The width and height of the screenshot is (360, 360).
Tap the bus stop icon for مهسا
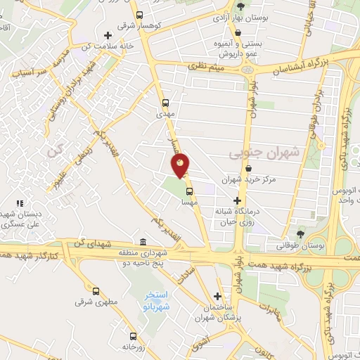coord(188,191)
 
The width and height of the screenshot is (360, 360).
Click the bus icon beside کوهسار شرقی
coord(140,14)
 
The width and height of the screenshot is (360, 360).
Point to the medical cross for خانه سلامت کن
coord(108,35)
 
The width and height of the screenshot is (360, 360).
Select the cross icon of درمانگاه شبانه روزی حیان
coord(237,201)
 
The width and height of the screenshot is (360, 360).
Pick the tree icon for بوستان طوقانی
coord(301,233)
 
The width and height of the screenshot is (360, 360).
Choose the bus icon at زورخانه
coord(131,335)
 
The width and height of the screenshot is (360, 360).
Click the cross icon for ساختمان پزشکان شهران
coord(218,297)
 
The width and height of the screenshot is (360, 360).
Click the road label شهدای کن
coord(98,243)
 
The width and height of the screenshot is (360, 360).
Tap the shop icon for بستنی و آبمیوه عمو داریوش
coord(238,32)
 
